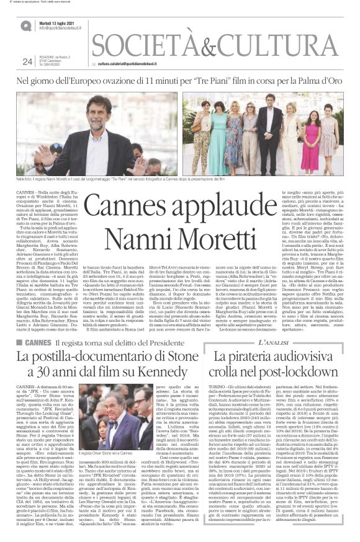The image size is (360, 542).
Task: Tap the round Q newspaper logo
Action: pyautogui.click(x=26, y=25)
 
